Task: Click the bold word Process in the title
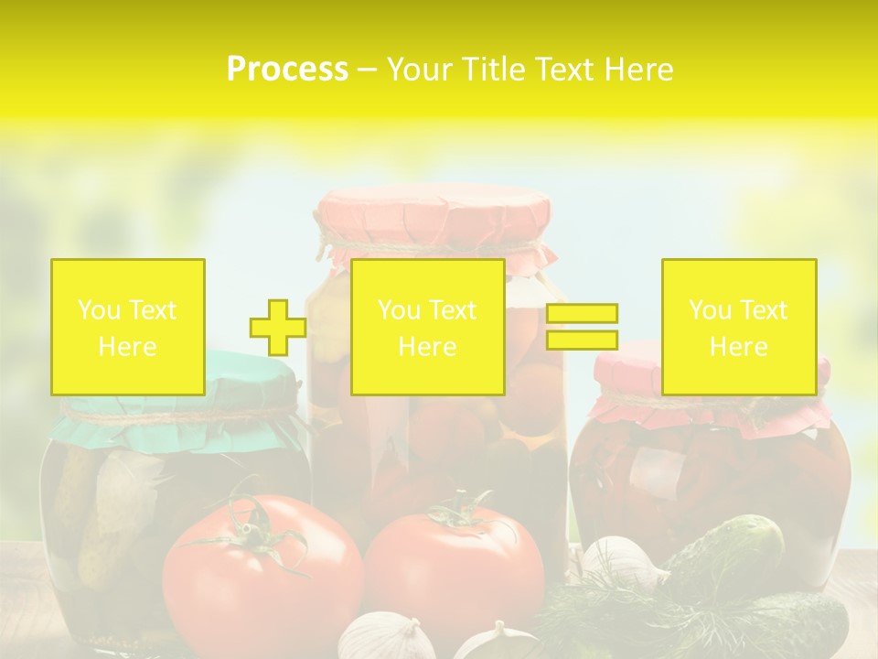tap(287, 69)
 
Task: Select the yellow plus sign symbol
tap(278, 327)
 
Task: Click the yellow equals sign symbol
tap(582, 327)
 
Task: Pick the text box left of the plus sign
tap(128, 327)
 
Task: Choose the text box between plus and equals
tap(427, 327)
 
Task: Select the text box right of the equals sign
tap(738, 327)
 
